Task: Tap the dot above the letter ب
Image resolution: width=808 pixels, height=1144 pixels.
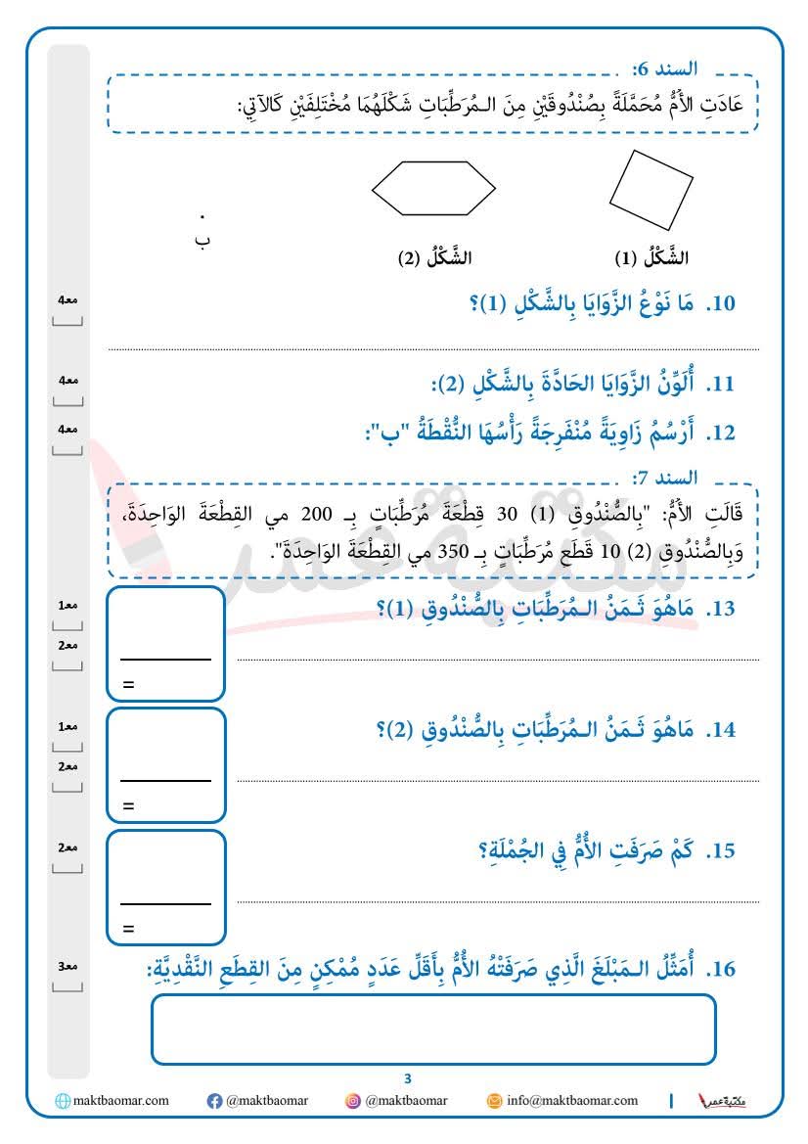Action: tap(202, 216)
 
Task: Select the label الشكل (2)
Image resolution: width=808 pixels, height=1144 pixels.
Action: tap(433, 258)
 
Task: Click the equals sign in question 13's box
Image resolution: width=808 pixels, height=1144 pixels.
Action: tap(128, 685)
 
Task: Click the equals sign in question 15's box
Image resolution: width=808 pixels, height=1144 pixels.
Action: tap(128, 928)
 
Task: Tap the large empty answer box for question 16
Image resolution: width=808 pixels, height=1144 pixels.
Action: tap(433, 1029)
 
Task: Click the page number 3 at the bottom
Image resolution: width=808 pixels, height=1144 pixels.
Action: tap(408, 1078)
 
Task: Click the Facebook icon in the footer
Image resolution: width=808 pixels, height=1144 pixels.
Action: tap(215, 1101)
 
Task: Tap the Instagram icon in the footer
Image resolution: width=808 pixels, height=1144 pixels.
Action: tap(353, 1101)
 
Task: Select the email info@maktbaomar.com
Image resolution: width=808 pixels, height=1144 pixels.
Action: tap(570, 1101)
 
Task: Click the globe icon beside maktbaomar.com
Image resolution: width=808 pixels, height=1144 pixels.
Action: tap(64, 1101)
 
